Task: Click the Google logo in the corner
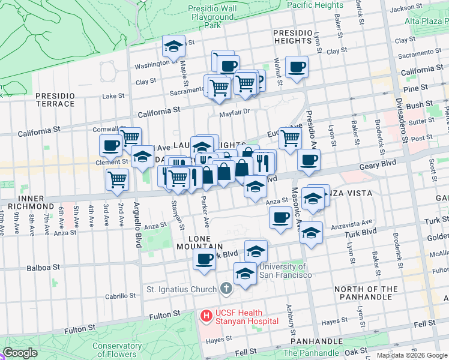(20, 353)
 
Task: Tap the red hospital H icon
(206, 315)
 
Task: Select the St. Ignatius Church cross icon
(226, 289)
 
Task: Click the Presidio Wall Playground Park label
(212, 17)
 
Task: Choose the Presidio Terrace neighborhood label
(55, 100)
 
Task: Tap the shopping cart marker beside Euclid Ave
(291, 138)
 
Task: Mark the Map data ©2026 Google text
(412, 355)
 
